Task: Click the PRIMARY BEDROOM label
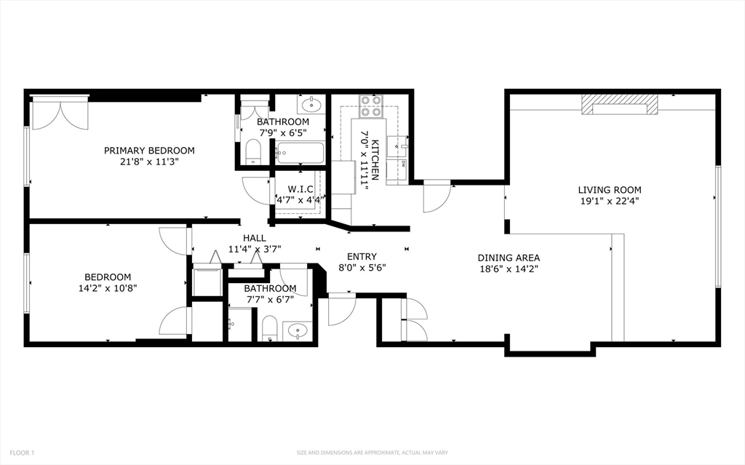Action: (x=149, y=151)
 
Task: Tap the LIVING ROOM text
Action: (x=610, y=190)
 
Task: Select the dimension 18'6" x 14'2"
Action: (x=509, y=269)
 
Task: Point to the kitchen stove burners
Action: (x=371, y=107)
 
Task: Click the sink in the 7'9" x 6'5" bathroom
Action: (x=313, y=103)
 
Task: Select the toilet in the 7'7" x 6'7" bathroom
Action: (x=269, y=327)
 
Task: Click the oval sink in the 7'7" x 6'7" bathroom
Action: (x=297, y=331)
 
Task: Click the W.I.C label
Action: (x=300, y=189)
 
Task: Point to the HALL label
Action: (x=254, y=238)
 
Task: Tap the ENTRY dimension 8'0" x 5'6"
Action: (x=362, y=267)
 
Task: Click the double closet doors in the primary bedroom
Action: (x=60, y=113)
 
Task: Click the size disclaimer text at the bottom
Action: (x=372, y=453)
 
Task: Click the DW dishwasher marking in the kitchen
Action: (x=402, y=164)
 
